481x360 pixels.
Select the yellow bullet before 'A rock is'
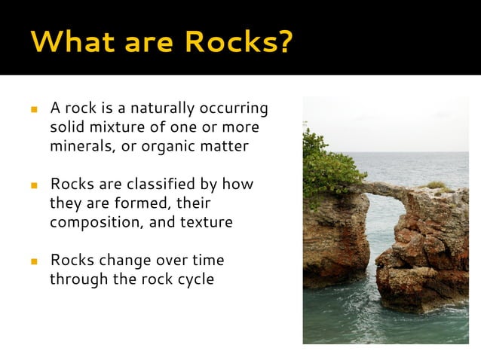click(x=34, y=110)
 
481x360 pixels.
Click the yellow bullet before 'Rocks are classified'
click(x=34, y=185)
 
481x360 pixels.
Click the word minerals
click(x=81, y=146)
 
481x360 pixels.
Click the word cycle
click(x=195, y=279)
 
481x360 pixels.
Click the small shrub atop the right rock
click(x=437, y=184)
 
